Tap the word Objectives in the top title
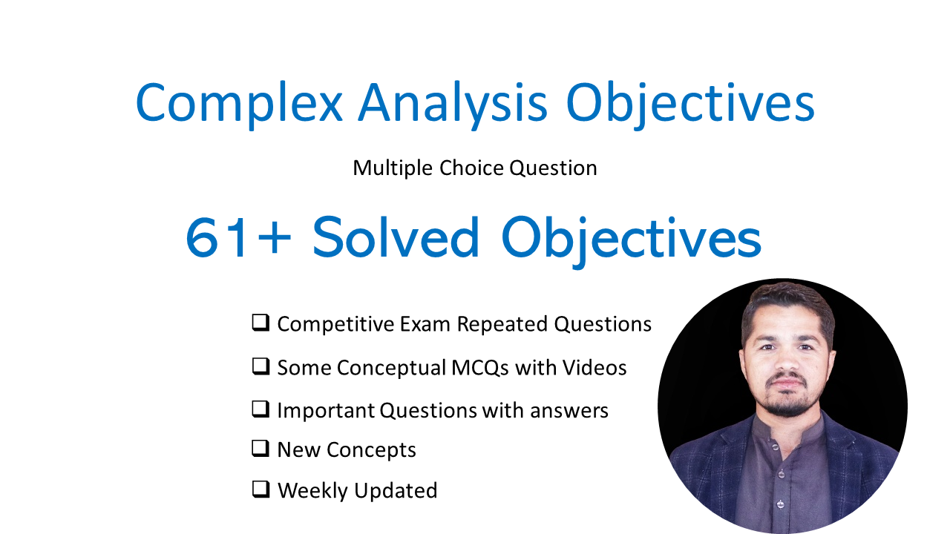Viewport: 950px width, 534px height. point(690,104)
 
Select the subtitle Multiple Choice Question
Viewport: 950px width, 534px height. point(475,168)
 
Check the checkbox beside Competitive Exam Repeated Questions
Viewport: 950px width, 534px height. point(261,323)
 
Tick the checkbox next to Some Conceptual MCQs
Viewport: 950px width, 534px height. point(261,366)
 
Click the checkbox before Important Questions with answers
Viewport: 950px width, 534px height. point(261,409)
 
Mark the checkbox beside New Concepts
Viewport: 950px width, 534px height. point(261,449)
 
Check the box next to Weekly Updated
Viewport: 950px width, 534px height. point(261,489)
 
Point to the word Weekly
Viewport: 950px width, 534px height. point(312,491)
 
